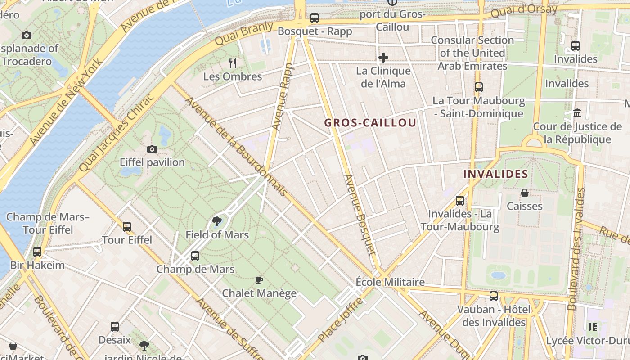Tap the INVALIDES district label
(495, 174)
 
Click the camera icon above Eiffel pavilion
(152, 149)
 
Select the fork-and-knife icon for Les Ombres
(232, 63)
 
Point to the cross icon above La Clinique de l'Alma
(383, 58)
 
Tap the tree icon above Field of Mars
(217, 221)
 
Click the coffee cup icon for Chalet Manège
(259, 280)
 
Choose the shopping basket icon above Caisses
(525, 193)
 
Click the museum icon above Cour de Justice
(577, 113)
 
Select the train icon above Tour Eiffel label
(127, 227)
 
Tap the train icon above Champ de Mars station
(195, 256)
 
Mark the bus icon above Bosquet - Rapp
(315, 18)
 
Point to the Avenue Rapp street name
(283, 96)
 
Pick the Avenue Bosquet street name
(359, 214)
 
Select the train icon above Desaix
(115, 327)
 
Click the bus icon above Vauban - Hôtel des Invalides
(494, 296)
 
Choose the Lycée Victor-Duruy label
(588, 341)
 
